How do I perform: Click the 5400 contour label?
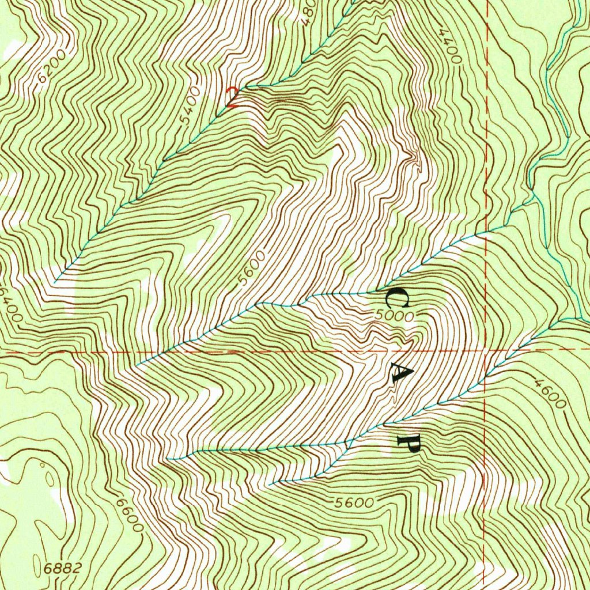(x=190, y=105)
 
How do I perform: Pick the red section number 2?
(x=232, y=97)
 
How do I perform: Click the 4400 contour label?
(x=449, y=46)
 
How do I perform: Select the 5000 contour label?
(x=394, y=316)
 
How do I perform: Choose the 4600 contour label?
(x=550, y=392)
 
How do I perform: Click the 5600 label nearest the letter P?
(x=354, y=502)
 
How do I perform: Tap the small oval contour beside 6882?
(x=50, y=478)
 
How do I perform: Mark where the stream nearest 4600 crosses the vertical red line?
(x=485, y=377)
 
